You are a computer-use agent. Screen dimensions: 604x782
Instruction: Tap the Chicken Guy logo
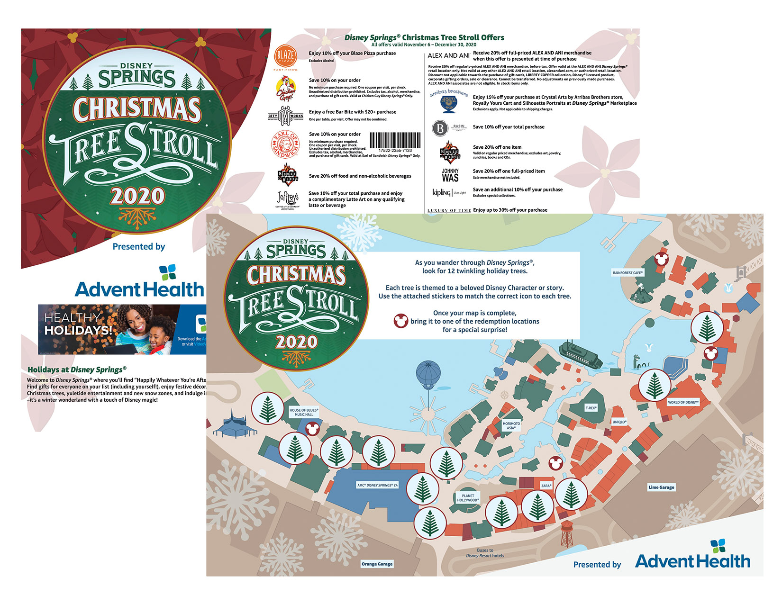tap(285, 88)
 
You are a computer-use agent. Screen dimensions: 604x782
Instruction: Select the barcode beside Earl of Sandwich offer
tap(395, 141)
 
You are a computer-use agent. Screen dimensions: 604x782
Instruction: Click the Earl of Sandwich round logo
tap(285, 144)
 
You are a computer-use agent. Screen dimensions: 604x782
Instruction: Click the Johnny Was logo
tap(450, 175)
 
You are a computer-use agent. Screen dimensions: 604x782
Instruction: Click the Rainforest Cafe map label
tap(627, 273)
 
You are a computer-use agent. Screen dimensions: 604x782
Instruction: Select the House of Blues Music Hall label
tap(304, 412)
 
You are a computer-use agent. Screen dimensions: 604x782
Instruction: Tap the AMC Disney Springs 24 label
tap(377, 485)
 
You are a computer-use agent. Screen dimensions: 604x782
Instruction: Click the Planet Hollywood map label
tap(468, 498)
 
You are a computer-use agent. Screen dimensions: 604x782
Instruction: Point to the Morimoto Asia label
tap(511, 425)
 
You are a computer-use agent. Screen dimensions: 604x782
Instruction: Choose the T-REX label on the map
tap(591, 408)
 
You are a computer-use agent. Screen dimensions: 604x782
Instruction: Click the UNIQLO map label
tap(619, 422)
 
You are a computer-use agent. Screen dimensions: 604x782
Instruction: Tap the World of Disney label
tap(682, 402)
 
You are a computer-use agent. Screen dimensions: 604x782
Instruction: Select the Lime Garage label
tap(661, 487)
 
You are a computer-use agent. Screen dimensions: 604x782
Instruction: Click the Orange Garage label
tap(377, 564)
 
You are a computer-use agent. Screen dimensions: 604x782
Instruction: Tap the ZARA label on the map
tap(546, 486)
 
